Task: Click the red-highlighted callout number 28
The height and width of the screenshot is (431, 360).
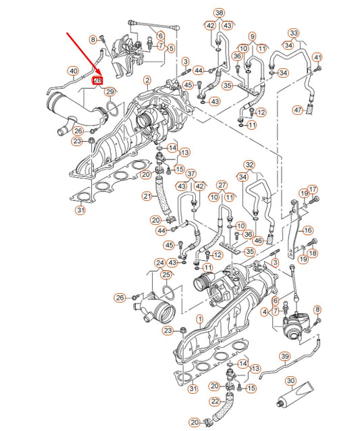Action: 97,80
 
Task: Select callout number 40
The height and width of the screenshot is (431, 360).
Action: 72,70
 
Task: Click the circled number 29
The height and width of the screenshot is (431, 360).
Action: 111,91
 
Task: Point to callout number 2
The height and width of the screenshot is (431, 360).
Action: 147,80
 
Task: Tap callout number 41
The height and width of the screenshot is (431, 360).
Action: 317,57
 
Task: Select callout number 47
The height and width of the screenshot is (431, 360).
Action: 298,109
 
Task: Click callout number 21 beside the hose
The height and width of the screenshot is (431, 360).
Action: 147,197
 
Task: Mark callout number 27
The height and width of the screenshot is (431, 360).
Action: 221,184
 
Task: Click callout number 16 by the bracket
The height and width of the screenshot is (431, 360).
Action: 308,230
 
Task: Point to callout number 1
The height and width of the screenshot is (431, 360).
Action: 199,318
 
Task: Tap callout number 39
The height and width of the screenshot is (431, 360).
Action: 284,357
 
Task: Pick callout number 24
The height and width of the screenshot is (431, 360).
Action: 159,263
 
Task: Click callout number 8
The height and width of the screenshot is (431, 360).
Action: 93,41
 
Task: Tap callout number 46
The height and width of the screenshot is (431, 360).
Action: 257,240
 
